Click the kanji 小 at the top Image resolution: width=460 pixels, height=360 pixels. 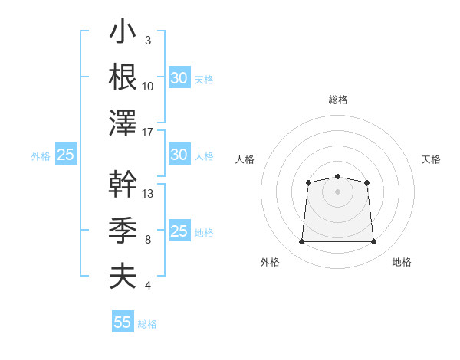point(123,31)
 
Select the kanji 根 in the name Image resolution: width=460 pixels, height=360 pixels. point(123,77)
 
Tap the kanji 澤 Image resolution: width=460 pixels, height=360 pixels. point(123,123)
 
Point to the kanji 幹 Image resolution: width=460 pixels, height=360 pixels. point(123,184)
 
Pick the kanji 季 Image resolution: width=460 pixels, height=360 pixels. point(123,230)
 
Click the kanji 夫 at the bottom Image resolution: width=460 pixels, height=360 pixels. point(123,276)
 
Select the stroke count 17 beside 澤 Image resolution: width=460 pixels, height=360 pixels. point(147,133)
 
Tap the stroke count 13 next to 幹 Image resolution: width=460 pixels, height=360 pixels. point(147,194)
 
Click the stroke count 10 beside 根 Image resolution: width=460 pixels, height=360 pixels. point(147,87)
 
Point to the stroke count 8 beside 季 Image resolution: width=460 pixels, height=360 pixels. point(148,240)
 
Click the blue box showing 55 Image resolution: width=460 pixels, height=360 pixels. point(123,321)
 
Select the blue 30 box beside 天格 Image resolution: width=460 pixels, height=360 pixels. point(179,77)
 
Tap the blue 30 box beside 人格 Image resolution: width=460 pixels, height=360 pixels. point(179,154)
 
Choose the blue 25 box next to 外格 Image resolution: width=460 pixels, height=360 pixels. point(66,154)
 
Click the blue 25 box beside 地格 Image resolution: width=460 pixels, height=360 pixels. point(179,230)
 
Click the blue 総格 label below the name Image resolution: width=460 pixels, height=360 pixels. point(147,324)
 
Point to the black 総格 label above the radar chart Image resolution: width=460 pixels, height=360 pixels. point(338,100)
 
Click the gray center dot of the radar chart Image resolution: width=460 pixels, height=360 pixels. point(337,191)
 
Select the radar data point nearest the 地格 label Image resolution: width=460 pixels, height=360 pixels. point(373,241)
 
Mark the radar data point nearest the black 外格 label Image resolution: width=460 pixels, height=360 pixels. point(301,241)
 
